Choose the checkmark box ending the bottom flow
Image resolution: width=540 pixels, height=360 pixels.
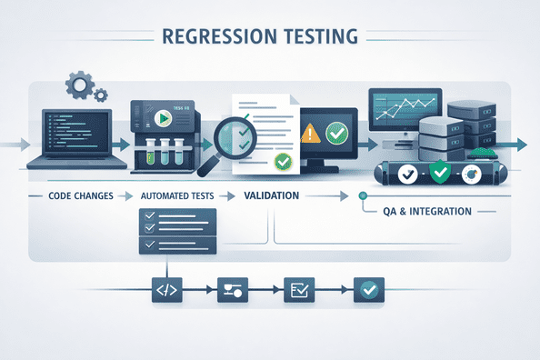coord(369,291)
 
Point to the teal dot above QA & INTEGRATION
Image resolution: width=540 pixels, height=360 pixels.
coord(363,195)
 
